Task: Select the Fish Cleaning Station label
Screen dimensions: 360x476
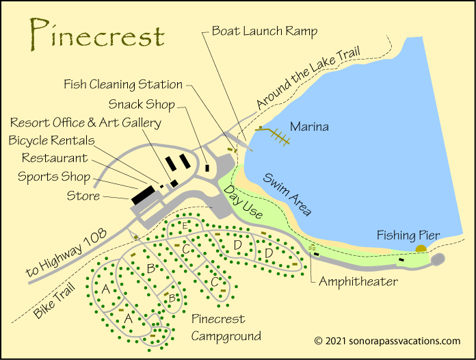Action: point(123,85)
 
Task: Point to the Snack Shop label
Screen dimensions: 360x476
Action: point(142,104)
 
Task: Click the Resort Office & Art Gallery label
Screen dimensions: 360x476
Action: point(85,123)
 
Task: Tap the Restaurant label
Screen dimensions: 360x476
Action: point(55,158)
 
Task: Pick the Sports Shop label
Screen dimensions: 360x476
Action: point(54,177)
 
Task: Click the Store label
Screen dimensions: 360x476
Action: point(83,196)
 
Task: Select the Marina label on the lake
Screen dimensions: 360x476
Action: point(309,127)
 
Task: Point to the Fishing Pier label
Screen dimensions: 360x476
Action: point(408,235)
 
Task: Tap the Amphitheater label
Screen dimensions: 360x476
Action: point(358,281)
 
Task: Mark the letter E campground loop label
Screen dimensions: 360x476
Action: point(185,225)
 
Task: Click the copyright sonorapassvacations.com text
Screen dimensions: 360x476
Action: point(387,340)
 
